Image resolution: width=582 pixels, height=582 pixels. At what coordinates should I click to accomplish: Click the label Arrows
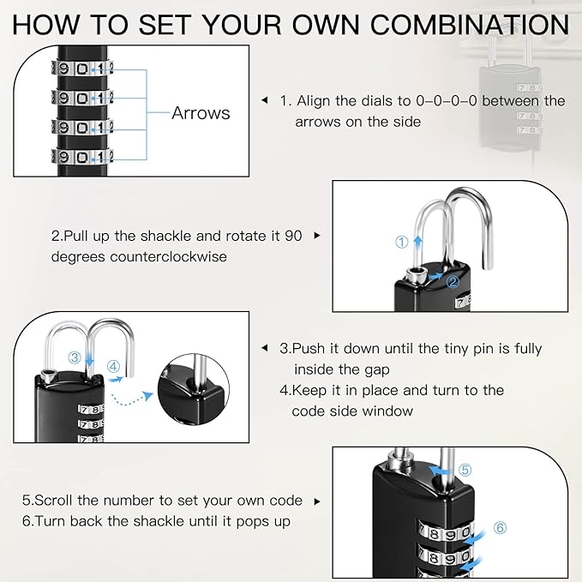(201, 113)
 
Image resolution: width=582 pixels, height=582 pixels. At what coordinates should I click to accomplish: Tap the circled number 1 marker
(401, 243)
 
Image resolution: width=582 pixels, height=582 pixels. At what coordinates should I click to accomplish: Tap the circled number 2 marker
(453, 279)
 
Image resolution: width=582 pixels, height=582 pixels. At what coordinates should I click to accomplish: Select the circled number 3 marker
(75, 357)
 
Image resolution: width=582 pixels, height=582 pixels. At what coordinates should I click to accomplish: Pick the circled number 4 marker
(113, 366)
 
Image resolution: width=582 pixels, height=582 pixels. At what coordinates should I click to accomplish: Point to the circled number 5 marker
(465, 470)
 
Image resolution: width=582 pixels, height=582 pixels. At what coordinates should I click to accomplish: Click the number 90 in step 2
(292, 235)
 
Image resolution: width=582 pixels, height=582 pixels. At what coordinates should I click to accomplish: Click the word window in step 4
(387, 411)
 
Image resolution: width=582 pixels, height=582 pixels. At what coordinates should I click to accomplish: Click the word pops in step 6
(249, 521)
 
